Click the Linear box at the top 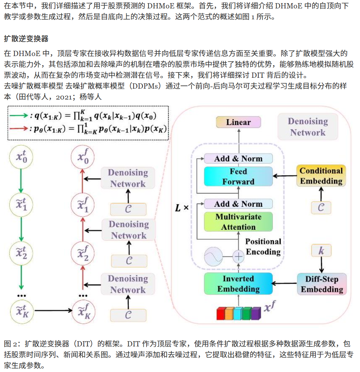click(x=238, y=122)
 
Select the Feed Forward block click(x=238, y=177)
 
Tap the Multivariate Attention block click(x=238, y=222)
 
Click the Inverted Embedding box click(x=238, y=284)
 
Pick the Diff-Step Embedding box click(x=322, y=284)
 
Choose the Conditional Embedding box click(x=321, y=176)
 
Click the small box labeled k click(x=321, y=250)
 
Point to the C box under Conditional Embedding click(x=321, y=208)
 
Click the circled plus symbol click(x=238, y=257)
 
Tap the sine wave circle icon click(x=213, y=256)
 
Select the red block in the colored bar click(x=221, y=314)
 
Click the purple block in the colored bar click(x=256, y=314)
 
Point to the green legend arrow click(x=19, y=116)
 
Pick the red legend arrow click(x=19, y=129)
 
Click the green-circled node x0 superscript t click(x=21, y=157)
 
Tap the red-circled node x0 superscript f click(x=83, y=157)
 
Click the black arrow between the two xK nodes click(x=53, y=310)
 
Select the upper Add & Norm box click(x=238, y=158)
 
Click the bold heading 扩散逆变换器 click(x=26, y=39)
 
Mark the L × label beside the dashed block click(x=182, y=208)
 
